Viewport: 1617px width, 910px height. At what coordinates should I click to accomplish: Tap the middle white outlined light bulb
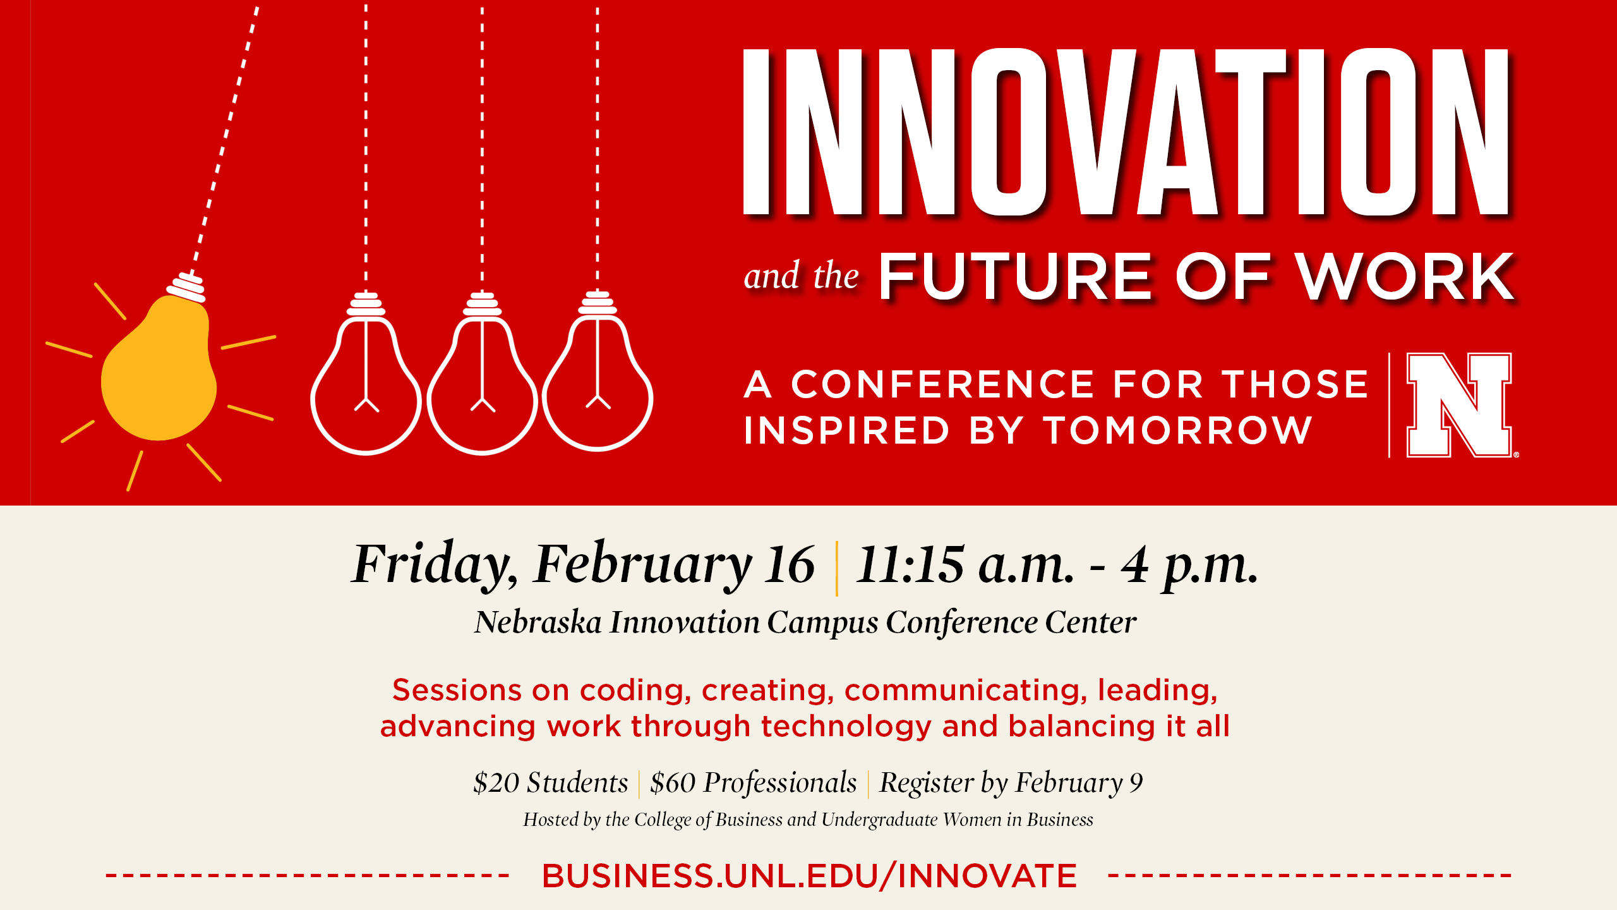pos(483,379)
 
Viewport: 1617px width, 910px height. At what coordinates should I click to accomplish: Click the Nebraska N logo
pos(1459,404)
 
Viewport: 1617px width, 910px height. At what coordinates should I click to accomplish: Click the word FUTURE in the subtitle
pos(1015,276)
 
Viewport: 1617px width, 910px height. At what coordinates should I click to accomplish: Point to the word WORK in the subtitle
pos(1405,276)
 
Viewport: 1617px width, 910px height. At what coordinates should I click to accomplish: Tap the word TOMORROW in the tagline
pos(1178,430)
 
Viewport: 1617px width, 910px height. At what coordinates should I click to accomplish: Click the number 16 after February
pos(790,564)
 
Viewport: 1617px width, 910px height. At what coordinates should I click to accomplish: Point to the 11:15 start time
pos(910,564)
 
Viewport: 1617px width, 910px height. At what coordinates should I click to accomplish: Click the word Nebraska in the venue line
pos(538,622)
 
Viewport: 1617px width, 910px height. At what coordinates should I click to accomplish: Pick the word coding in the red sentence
pos(635,691)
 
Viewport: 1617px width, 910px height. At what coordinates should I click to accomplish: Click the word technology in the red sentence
pos(846,727)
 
